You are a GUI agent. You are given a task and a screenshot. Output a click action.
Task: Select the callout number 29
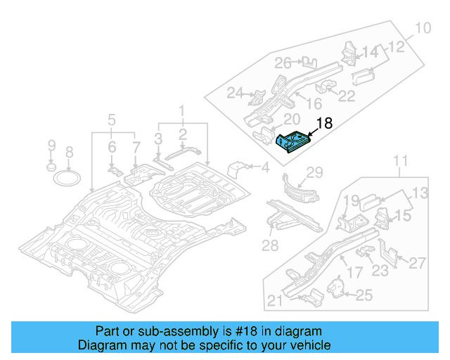pos(314,173)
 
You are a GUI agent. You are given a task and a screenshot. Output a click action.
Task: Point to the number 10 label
pos(421,29)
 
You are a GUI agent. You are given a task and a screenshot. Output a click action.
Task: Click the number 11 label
pos(400,163)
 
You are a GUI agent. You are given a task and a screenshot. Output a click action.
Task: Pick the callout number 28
pos(271,245)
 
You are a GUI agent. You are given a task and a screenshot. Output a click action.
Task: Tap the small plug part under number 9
pos(51,168)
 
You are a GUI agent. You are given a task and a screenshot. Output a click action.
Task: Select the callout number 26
pos(283,63)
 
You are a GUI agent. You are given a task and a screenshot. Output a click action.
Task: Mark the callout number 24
pos(234,94)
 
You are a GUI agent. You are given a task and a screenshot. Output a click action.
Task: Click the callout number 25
pos(364,295)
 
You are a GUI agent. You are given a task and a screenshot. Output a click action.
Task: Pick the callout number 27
pos(418,263)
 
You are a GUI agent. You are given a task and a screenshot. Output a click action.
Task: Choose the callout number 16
pos(313,105)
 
